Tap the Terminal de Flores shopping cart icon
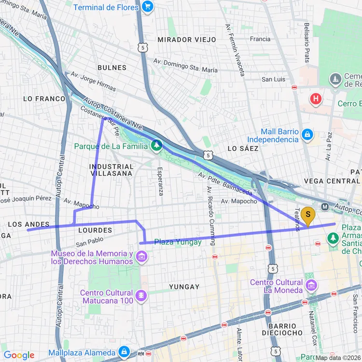pyautogui.click(x=148, y=7)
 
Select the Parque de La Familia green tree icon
pyautogui.click(x=157, y=145)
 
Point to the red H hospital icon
pyautogui.click(x=316, y=99)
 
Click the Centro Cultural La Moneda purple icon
pyautogui.click(x=311, y=287)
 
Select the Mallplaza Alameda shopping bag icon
pyautogui.click(x=125, y=352)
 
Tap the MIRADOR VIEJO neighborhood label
pyautogui.click(x=187, y=40)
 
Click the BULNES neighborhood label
pyautogui.click(x=112, y=68)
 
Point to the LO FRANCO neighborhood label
pyautogui.click(x=44, y=98)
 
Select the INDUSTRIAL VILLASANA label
pyautogui.click(x=111, y=169)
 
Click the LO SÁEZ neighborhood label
pyautogui.click(x=239, y=148)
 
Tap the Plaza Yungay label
pyautogui.click(x=178, y=242)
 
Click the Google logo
pyautogui.click(x=19, y=356)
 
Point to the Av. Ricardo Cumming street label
pyautogui.click(x=210, y=216)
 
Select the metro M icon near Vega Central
pyautogui.click(x=325, y=207)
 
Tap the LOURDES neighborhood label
pyautogui.click(x=95, y=230)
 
